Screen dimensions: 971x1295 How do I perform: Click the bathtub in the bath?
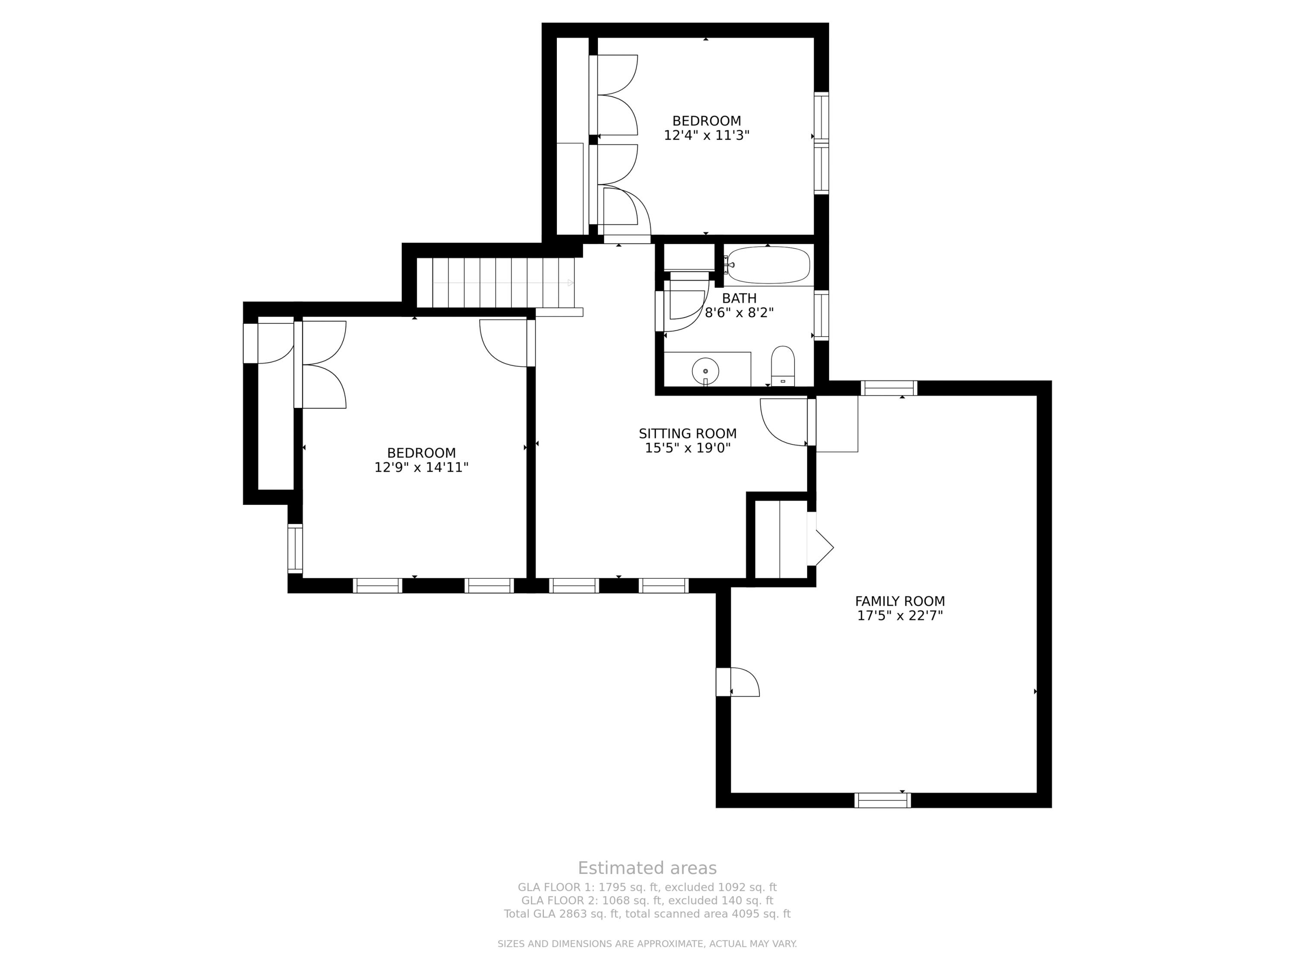pyautogui.click(x=768, y=265)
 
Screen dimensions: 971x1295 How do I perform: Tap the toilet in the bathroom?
pyautogui.click(x=783, y=366)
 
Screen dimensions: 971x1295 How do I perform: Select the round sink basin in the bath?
pyautogui.click(x=705, y=370)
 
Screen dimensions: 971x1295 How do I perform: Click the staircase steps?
pyautogui.click(x=495, y=283)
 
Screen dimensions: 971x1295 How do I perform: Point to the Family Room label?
pyautogui.click(x=900, y=601)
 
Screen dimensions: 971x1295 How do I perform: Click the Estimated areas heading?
pyautogui.click(x=647, y=868)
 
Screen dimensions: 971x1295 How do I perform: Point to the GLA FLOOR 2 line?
pyautogui.click(x=647, y=900)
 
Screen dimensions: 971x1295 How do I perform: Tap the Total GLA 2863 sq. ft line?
pyautogui.click(x=647, y=914)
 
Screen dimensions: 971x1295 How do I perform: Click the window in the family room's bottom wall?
pyautogui.click(x=882, y=800)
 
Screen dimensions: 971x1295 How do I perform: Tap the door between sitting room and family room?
pyautogui.click(x=784, y=421)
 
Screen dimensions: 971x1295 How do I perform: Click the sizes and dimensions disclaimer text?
pyautogui.click(x=647, y=943)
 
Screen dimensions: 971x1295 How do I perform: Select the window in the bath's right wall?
pyautogui.click(x=821, y=315)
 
